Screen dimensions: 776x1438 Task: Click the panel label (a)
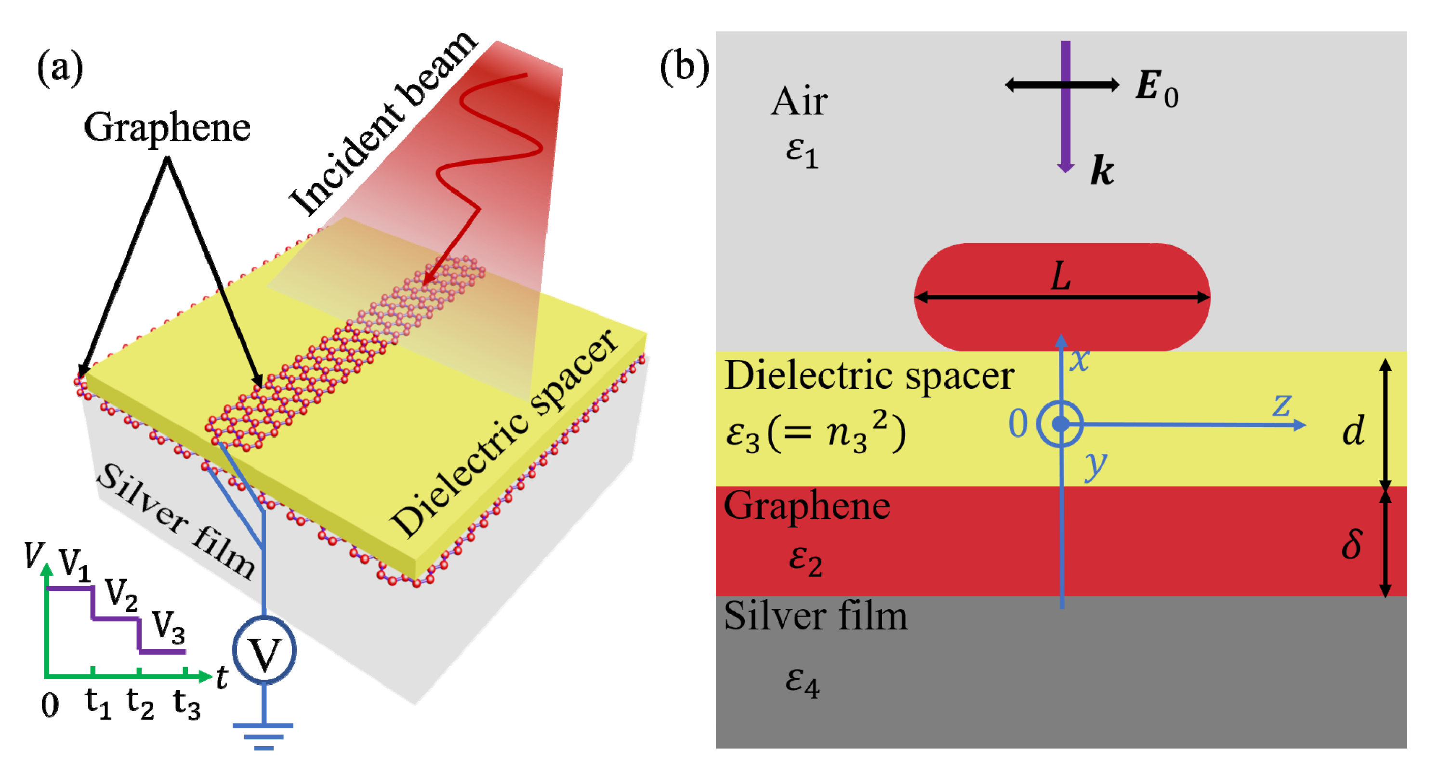60,67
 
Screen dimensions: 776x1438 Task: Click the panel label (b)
685,67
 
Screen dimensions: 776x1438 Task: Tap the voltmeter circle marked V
264,651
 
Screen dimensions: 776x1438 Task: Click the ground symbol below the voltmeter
263,736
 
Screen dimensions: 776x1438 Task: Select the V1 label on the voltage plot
74,565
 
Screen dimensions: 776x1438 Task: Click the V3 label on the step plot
168,626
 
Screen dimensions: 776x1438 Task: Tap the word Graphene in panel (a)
166,127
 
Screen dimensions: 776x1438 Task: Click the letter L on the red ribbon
1061,276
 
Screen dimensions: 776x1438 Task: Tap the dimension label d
1353,431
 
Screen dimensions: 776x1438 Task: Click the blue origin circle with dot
1060,424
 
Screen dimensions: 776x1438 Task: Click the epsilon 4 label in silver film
802,681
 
